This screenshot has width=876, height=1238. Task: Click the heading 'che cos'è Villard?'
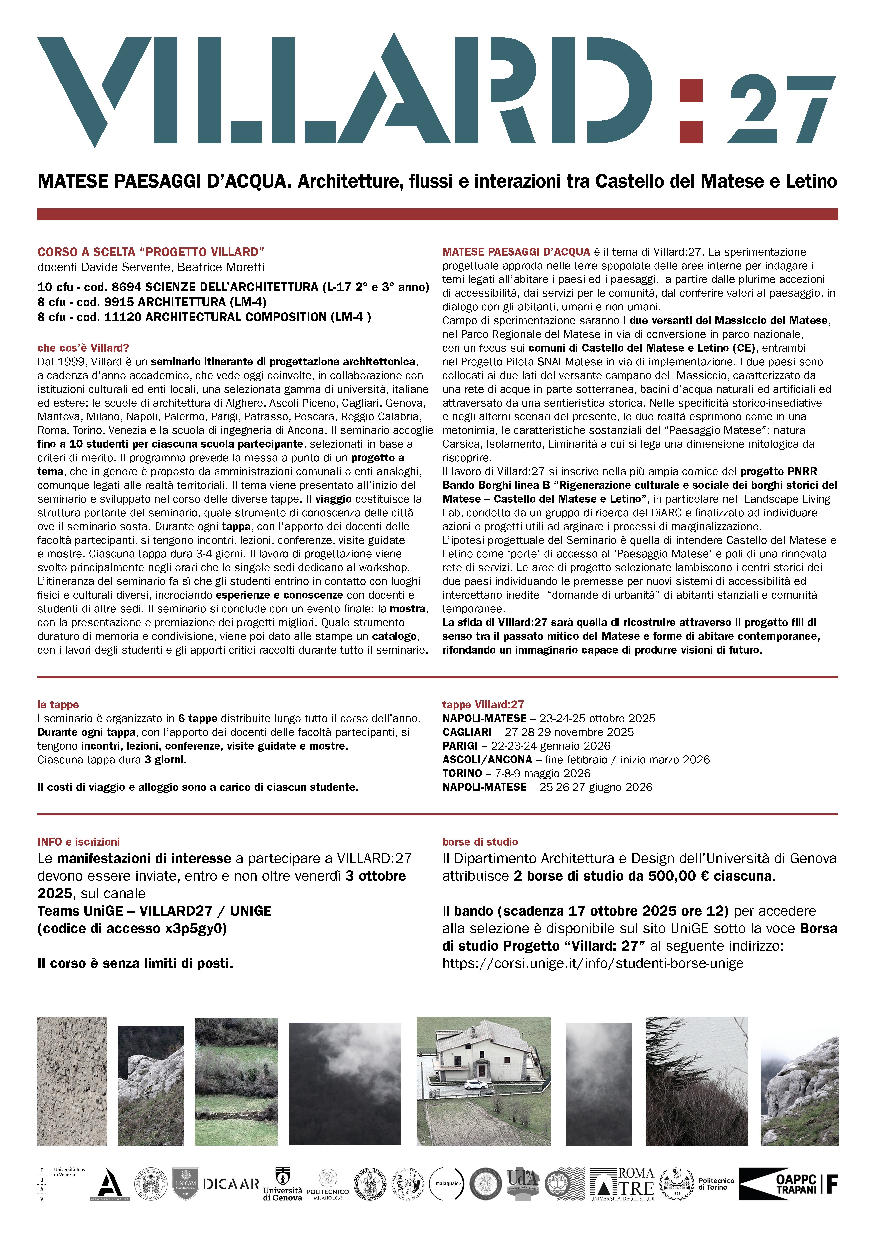pos(83,348)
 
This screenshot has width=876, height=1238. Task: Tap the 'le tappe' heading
pos(58,705)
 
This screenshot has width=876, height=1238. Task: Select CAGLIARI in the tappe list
pos(467,732)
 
